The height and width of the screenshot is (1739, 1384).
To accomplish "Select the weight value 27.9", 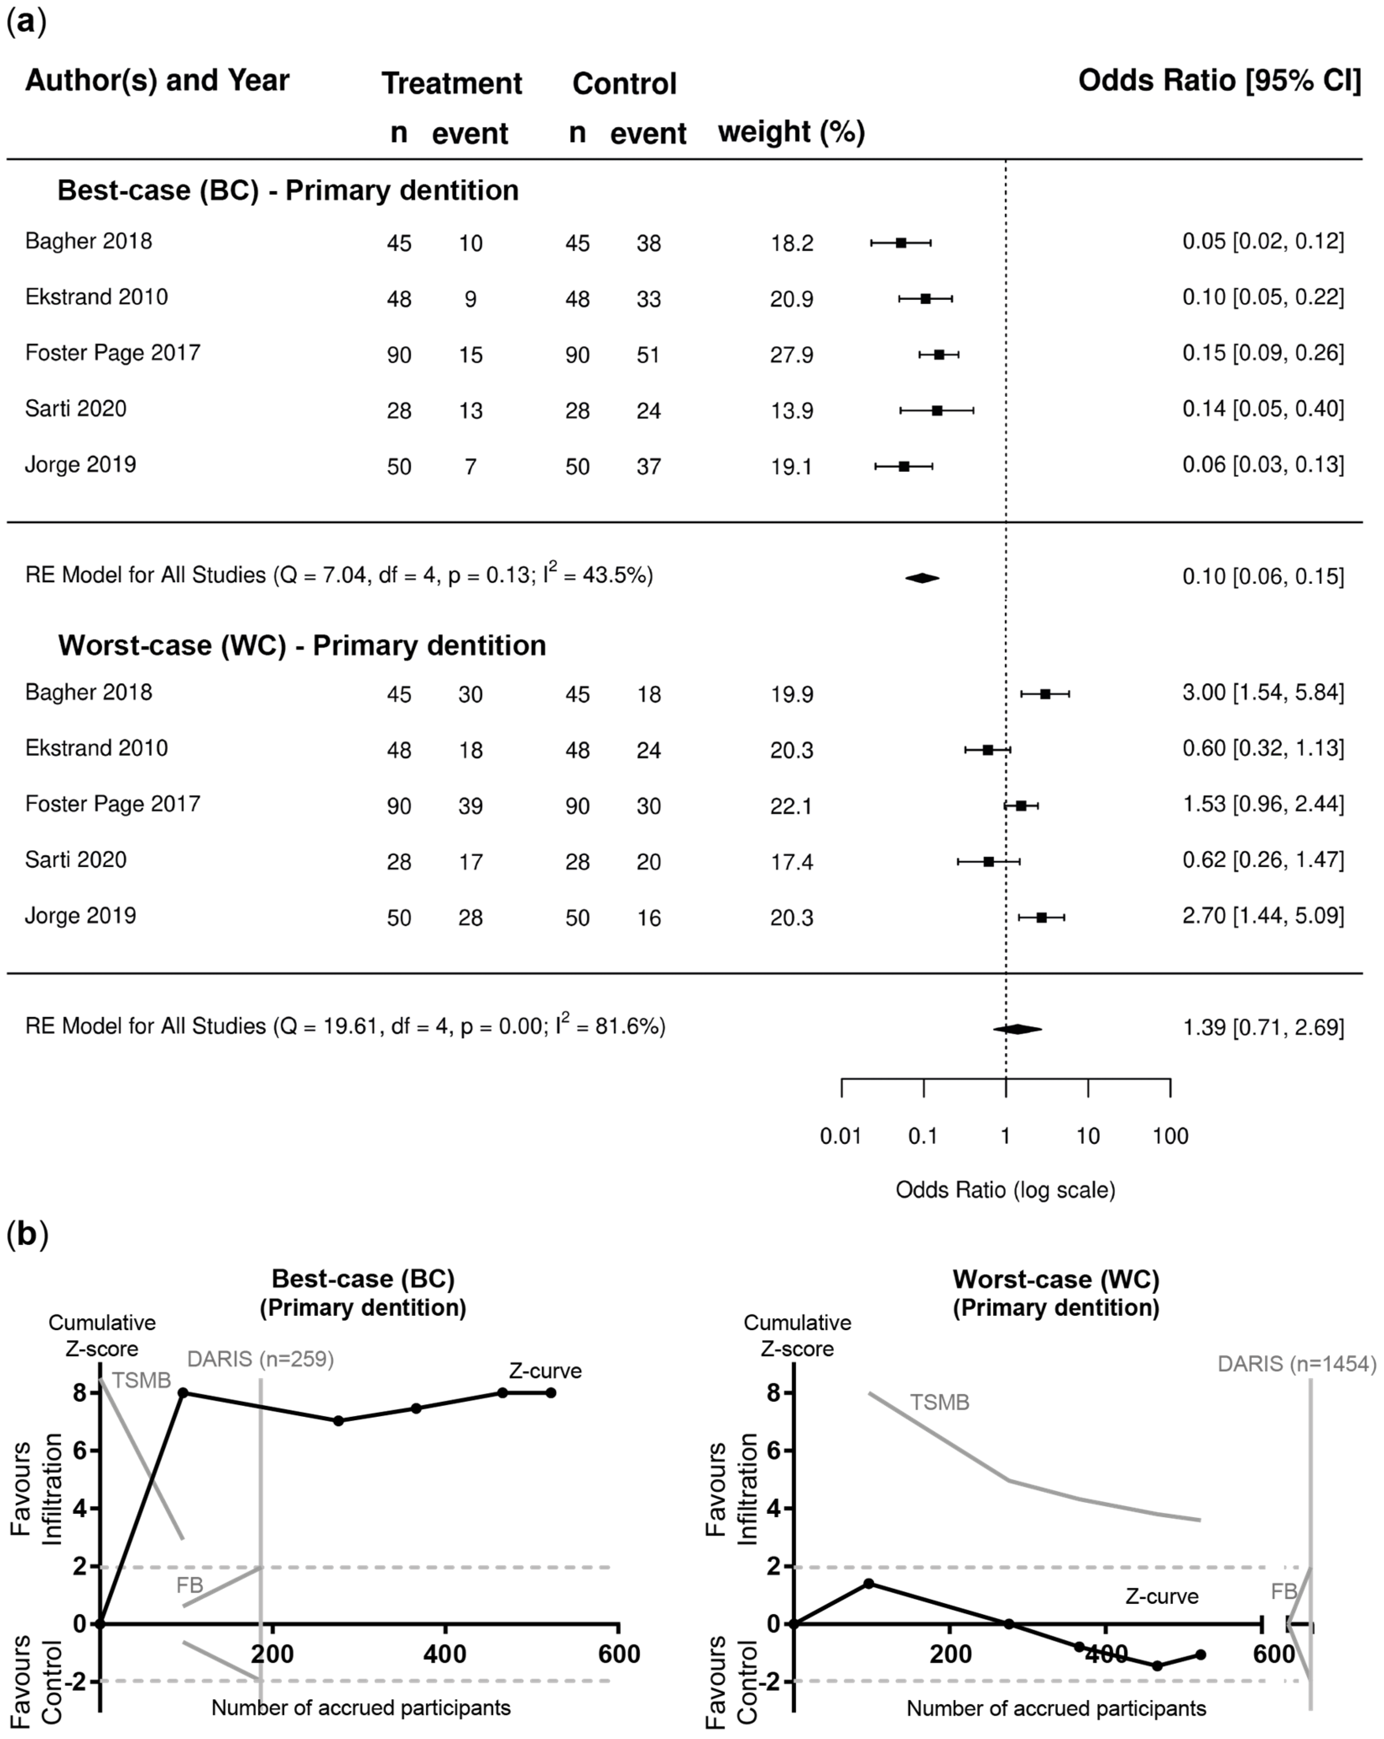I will [x=791, y=355].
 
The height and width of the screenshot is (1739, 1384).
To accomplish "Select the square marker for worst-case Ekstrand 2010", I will [x=987, y=749].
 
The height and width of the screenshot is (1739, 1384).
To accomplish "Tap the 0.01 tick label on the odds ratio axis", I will [x=840, y=1137].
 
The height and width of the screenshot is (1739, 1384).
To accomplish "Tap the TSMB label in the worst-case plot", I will [x=940, y=1403].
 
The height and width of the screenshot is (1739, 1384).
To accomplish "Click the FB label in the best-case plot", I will [x=190, y=1586].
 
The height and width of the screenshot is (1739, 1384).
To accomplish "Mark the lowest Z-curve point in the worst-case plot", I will [x=1157, y=1666].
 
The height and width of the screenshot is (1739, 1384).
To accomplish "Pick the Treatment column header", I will [x=452, y=83].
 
